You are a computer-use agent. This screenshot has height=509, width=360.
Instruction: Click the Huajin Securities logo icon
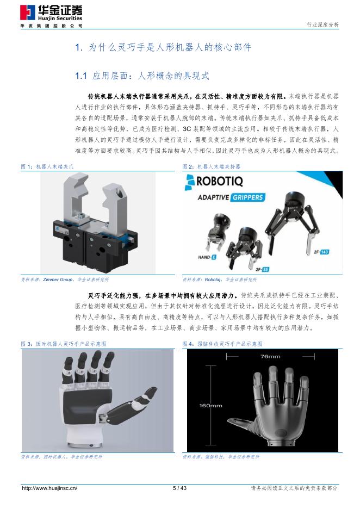27,13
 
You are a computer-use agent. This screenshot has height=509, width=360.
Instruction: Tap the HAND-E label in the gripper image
207,257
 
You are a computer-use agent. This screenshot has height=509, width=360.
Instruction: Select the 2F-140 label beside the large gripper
321,252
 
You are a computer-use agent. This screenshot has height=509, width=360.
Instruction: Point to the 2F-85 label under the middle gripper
262,269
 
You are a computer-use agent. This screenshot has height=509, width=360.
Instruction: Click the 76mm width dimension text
270,356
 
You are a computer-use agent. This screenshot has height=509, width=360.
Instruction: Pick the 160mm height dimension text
210,406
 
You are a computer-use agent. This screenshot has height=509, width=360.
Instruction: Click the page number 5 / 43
179,488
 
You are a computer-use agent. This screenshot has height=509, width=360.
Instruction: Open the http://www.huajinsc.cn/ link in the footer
49,488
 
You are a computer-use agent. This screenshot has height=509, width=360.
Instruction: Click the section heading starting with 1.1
142,76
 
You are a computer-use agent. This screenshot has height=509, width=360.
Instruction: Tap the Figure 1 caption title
47,166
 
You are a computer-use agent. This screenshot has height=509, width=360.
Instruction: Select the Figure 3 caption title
63,344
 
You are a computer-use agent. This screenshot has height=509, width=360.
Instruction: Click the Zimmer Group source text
58,280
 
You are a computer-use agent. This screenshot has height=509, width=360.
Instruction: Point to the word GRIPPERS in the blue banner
247,197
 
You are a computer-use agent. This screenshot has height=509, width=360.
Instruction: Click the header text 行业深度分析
322,24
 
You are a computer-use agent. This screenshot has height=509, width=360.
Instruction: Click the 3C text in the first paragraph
187,129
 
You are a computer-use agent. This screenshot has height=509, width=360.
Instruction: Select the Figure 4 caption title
222,344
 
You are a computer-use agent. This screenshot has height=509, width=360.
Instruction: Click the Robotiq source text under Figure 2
213,280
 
